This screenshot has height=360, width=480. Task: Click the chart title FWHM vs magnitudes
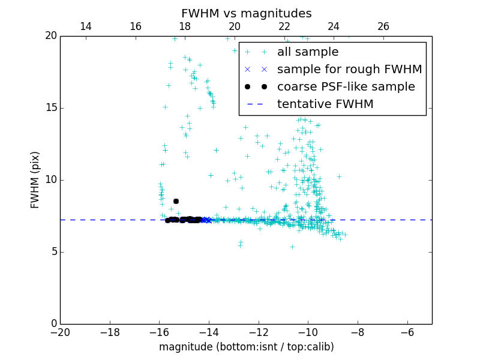[246, 13]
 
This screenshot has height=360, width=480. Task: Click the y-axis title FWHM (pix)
[35, 179]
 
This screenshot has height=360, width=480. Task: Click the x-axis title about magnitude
[246, 347]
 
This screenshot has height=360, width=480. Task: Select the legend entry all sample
[308, 52]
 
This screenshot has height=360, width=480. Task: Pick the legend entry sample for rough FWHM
[349, 70]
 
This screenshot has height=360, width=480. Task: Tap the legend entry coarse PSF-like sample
[346, 87]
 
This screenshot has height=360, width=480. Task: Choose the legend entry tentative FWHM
[325, 104]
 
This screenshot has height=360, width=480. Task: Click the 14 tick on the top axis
[86, 26]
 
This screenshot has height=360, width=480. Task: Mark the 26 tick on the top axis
[383, 26]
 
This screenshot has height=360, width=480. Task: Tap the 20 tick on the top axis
[235, 26]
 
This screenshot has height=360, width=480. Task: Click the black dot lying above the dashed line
[176, 201]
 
